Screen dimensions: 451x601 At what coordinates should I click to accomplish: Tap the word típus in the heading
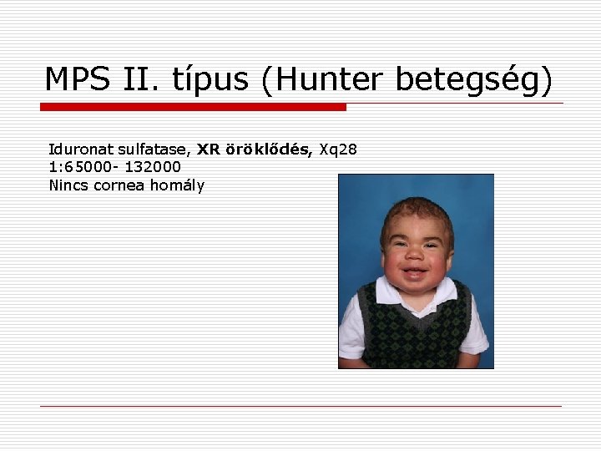210,79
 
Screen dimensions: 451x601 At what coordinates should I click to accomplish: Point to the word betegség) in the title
474,79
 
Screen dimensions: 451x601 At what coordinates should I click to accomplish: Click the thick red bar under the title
193,107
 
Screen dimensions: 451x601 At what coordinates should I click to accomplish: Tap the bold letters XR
208,149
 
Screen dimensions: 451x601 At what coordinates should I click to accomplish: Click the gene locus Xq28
338,149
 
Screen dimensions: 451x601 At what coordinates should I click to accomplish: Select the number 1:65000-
83,167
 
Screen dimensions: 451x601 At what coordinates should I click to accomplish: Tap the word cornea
120,185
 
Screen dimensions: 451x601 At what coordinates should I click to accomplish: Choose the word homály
177,185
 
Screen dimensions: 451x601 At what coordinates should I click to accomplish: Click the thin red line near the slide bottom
300,407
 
